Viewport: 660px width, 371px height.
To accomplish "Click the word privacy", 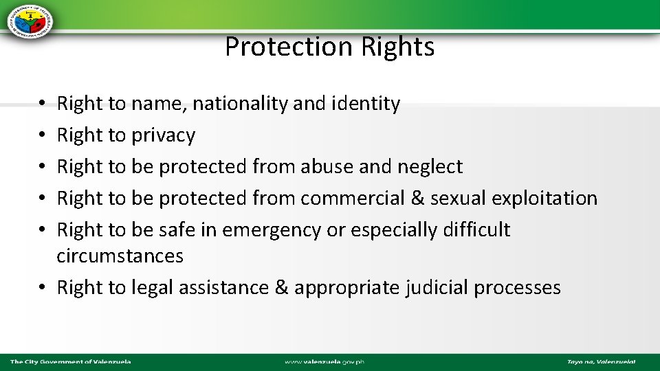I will click(x=163, y=135).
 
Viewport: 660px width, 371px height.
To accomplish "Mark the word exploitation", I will click(x=548, y=198).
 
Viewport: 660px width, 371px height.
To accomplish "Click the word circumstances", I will click(x=120, y=256).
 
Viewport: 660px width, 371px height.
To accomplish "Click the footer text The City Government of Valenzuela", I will click(x=70, y=362).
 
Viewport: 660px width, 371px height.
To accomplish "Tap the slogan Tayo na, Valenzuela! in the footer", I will click(x=601, y=362).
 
